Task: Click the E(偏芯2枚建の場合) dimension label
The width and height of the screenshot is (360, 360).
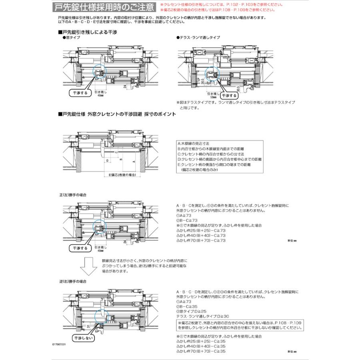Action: tap(122, 175)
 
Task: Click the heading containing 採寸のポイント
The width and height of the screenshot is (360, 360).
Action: tap(117, 114)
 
